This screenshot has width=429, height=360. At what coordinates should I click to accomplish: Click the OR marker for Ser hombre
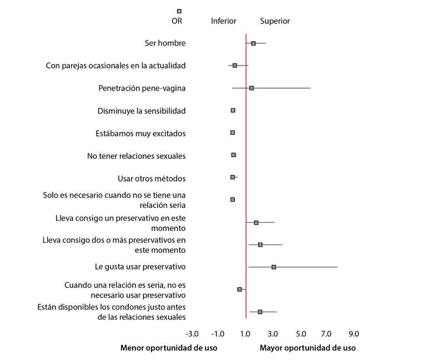(254, 43)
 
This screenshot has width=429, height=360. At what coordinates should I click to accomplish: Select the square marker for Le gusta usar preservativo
(274, 267)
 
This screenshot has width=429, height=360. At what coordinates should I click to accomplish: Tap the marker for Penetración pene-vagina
(251, 88)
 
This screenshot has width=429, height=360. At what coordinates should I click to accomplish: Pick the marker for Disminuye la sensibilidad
(233, 111)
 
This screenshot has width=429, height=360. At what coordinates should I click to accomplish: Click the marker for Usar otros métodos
(233, 177)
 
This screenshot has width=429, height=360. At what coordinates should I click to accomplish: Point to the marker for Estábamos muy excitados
(233, 133)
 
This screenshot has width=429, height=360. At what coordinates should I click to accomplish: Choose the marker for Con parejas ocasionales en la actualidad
(235, 66)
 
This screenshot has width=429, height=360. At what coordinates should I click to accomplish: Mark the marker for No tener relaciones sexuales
(234, 155)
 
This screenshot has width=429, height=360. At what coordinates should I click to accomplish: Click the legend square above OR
(179, 11)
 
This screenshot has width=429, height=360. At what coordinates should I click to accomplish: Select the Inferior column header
(224, 21)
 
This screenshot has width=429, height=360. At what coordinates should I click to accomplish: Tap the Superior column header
(275, 21)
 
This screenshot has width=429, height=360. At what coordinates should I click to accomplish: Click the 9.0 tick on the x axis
(354, 334)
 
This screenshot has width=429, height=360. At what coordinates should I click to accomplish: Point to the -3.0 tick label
(191, 334)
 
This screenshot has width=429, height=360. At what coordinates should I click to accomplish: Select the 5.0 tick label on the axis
(301, 334)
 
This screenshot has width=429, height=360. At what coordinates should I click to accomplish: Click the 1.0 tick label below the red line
(245, 334)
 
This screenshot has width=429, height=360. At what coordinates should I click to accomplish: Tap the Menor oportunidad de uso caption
(169, 348)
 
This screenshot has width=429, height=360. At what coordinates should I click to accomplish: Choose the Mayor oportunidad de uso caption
(307, 348)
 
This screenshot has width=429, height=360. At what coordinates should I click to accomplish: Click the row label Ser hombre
(164, 43)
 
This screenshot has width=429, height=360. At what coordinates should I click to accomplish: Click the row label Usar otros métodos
(152, 178)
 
